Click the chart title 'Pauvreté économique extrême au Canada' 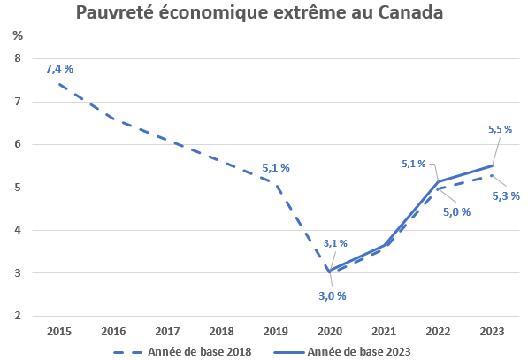point(259,13)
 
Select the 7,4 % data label point(59,69)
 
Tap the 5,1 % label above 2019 point(276,167)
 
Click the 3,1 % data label point(335,243)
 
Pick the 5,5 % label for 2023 point(500,129)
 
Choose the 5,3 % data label point(506,195)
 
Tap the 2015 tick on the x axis point(58,331)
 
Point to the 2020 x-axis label point(329,331)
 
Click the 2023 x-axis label point(492,331)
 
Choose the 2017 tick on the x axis point(166,331)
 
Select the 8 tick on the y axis point(17,59)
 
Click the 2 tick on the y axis point(17,316)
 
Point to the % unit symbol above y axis point(18,35)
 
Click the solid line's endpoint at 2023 point(492,165)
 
